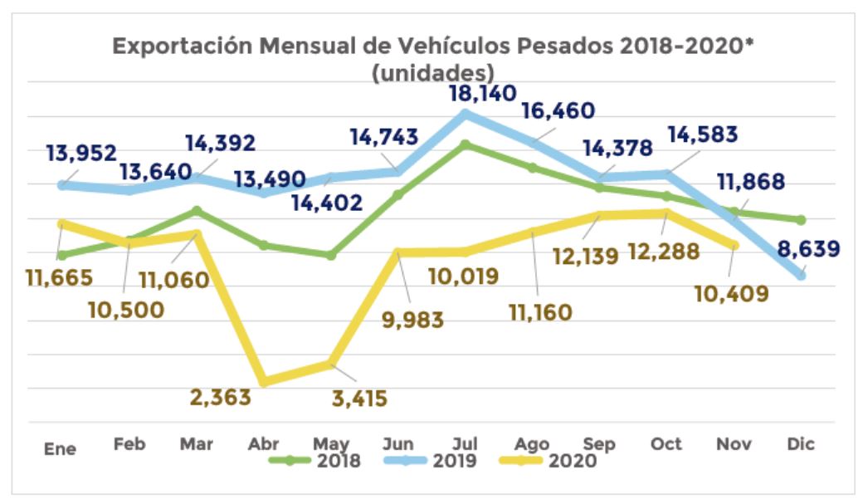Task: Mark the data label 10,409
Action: coord(729,293)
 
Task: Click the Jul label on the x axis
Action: coord(465,444)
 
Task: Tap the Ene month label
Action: coord(60,448)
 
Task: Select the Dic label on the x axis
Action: coord(801,444)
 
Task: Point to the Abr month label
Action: coord(264,444)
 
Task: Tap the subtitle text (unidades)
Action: coord(433,72)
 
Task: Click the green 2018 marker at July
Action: coord(466,144)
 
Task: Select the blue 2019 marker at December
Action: coord(801,276)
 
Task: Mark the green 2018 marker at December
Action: coord(801,220)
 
